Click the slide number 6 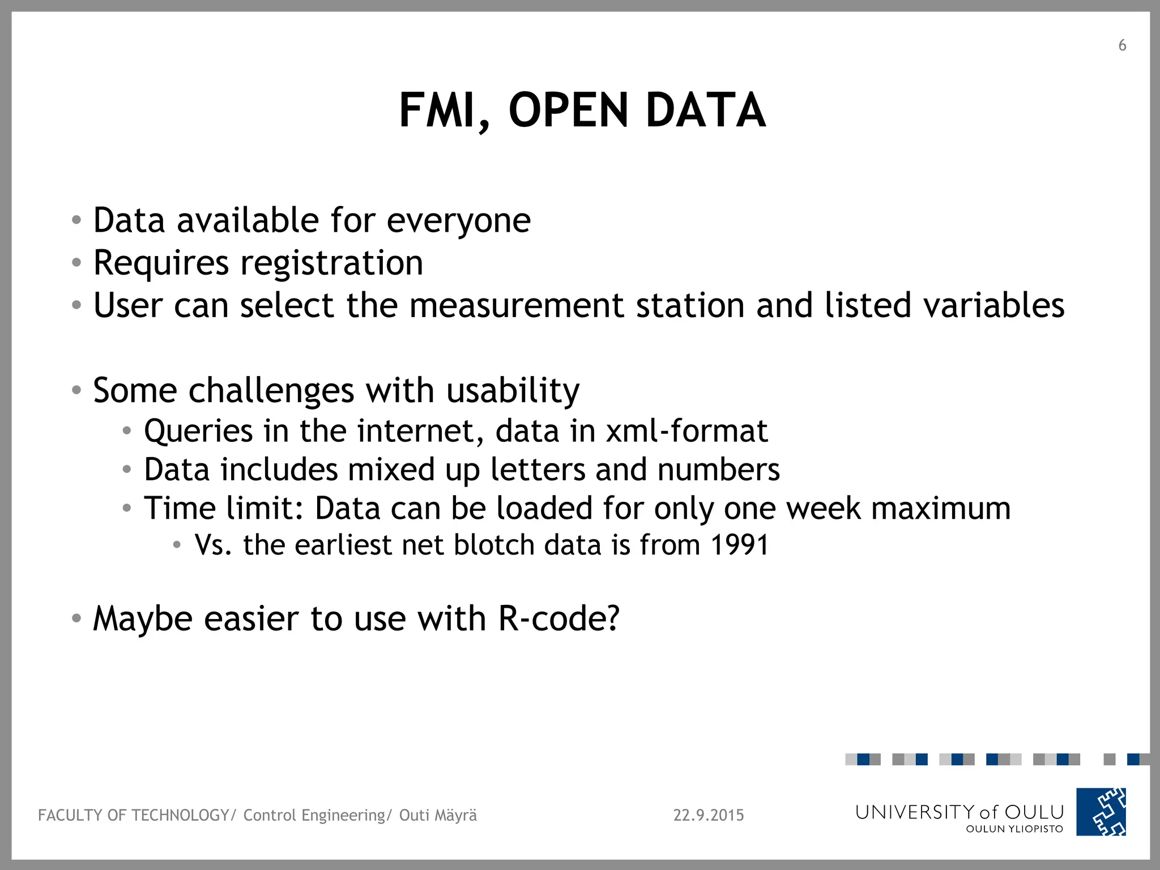point(1122,45)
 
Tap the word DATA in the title point(705,110)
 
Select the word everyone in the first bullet point(459,221)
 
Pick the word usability point(513,391)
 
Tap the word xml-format point(686,431)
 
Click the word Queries point(198,432)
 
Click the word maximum point(940,508)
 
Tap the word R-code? point(559,619)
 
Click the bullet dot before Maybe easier point(76,619)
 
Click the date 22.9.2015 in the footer point(708,815)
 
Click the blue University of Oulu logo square point(1101,812)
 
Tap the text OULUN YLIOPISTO point(1014,829)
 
